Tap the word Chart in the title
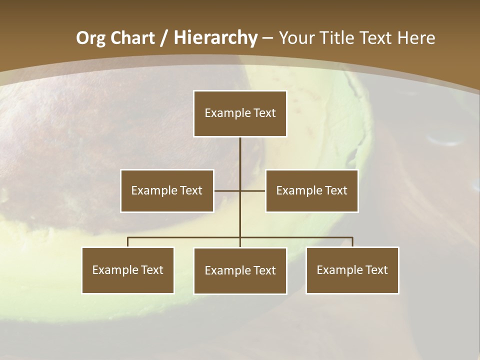129,38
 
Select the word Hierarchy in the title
215,38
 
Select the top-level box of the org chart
240,113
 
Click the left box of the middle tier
167,190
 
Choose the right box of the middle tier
311,190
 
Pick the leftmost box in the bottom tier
128,270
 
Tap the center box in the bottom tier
240,270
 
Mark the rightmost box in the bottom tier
352,270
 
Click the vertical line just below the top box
240,150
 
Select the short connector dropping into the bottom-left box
128,242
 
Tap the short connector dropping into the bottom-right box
352,242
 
